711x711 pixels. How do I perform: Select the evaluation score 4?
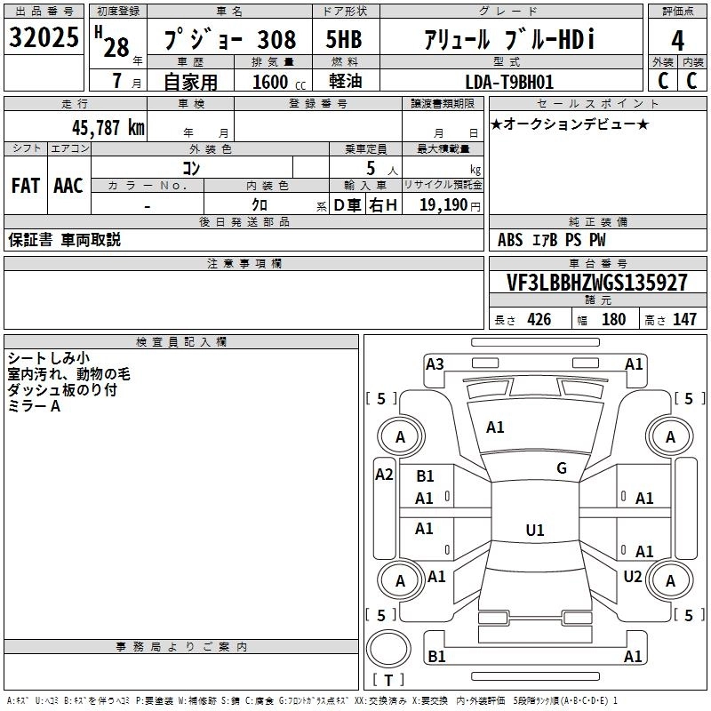tap(678, 41)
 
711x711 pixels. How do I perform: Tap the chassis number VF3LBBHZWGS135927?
tap(597, 284)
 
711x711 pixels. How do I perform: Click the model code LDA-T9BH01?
tap(509, 83)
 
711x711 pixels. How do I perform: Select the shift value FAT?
tap(25, 186)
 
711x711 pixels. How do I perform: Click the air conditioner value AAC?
tap(68, 186)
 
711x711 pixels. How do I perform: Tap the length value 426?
tap(538, 320)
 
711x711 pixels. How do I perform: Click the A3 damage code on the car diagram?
tap(435, 363)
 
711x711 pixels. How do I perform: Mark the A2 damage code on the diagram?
tap(384, 475)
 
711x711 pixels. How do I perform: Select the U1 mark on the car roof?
tap(534, 531)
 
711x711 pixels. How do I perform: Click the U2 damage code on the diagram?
tap(633, 577)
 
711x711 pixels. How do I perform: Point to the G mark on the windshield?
tap(562, 467)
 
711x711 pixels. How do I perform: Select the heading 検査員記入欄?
tap(181, 341)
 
